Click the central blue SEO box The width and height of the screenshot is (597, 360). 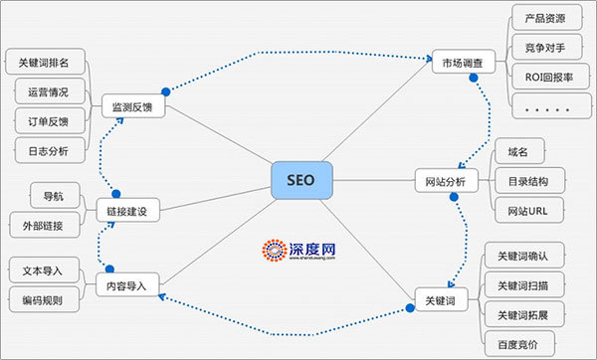click(x=300, y=181)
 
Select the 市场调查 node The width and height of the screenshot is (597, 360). click(x=463, y=64)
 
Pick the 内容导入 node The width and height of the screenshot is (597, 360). click(x=127, y=286)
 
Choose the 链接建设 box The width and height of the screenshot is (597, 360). click(x=127, y=211)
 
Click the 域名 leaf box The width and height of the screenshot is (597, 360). click(x=517, y=151)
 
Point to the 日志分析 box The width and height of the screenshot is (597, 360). click(x=42, y=151)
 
